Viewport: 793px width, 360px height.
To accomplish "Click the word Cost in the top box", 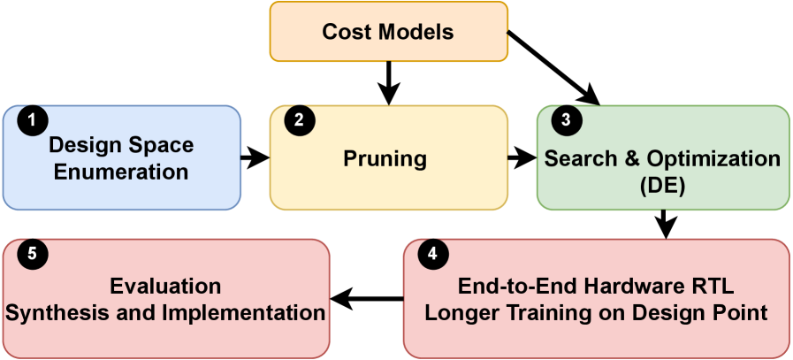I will [347, 33].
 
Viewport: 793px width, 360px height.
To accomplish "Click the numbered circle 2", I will [300, 121].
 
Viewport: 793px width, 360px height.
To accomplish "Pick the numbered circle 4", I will [432, 254].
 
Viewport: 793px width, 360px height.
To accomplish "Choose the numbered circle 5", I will [33, 254].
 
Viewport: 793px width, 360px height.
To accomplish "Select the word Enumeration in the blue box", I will [121, 172].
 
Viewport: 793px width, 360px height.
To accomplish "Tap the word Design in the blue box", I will [83, 146].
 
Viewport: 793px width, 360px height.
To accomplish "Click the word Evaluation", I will [165, 287].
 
